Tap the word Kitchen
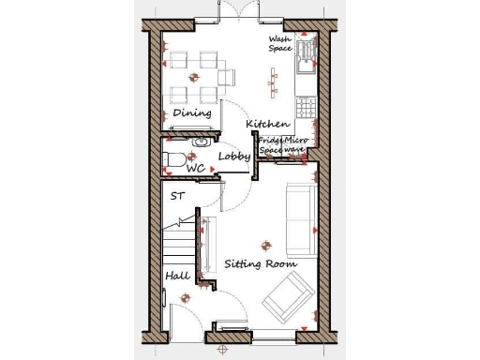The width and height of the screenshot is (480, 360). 266,124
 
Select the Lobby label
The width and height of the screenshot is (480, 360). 233,157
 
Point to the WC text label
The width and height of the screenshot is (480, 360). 195,169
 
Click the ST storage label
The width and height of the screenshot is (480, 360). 178,197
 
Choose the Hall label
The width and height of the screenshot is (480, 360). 177,277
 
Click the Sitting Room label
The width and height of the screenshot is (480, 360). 260,264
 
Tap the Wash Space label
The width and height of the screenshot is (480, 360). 280,44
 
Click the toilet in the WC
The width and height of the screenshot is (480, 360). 173,157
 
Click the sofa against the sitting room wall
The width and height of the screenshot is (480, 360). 299,218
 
